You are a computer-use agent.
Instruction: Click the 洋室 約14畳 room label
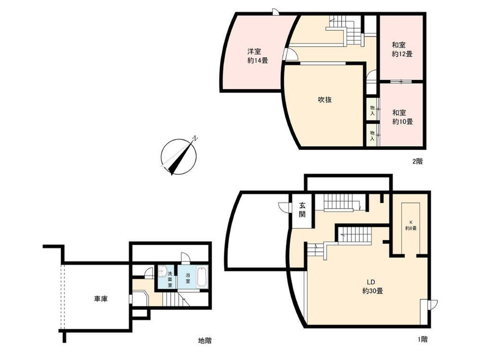(258, 56)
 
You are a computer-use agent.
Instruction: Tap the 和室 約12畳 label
(402, 50)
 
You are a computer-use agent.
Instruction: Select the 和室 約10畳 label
(403, 117)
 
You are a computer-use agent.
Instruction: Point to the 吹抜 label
(325, 99)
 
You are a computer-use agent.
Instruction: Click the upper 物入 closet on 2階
(372, 111)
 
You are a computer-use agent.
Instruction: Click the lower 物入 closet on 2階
(372, 136)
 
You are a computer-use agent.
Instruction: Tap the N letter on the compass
(195, 138)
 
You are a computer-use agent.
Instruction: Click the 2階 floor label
(417, 161)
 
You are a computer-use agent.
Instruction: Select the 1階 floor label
(422, 339)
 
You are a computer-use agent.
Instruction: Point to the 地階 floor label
(204, 340)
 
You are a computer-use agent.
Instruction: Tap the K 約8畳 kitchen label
(411, 225)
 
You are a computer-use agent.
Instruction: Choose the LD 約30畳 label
(372, 286)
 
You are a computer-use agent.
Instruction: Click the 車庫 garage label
(101, 298)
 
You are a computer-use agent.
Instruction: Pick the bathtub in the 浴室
(202, 277)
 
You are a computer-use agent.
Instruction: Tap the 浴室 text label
(188, 277)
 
